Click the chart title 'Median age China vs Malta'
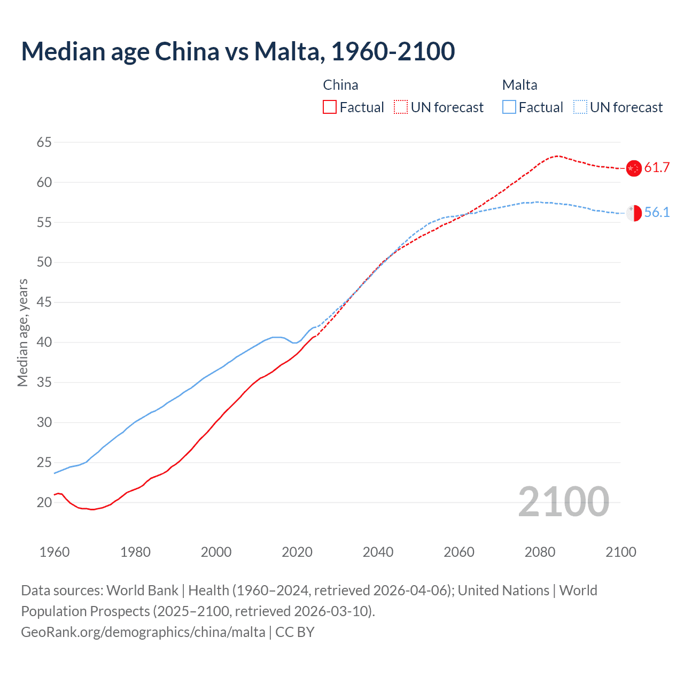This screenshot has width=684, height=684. [x=238, y=51]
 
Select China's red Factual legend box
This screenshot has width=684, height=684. [x=330, y=107]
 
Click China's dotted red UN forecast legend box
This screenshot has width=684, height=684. [x=401, y=107]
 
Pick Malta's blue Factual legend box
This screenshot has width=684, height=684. [x=509, y=107]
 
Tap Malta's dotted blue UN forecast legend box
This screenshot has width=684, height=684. [x=580, y=107]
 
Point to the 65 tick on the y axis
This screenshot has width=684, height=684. [x=44, y=142]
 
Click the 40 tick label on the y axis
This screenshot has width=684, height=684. [x=44, y=342]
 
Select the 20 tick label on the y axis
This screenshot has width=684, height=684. [x=44, y=502]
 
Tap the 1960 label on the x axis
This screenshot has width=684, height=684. [x=55, y=552]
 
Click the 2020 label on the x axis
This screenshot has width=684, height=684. [x=297, y=552]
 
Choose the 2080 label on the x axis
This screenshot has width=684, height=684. [x=540, y=552]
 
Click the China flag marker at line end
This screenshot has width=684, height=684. [x=634, y=168]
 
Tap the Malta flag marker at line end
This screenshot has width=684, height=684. [x=634, y=213]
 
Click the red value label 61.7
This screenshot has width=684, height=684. [x=657, y=168]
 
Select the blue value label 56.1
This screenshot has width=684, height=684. [x=657, y=213]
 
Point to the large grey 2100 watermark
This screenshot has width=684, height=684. [x=563, y=502]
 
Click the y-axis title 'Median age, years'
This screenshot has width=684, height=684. [x=22, y=332]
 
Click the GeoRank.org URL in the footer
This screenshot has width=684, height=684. [x=143, y=632]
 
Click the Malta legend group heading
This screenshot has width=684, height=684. [x=519, y=85]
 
